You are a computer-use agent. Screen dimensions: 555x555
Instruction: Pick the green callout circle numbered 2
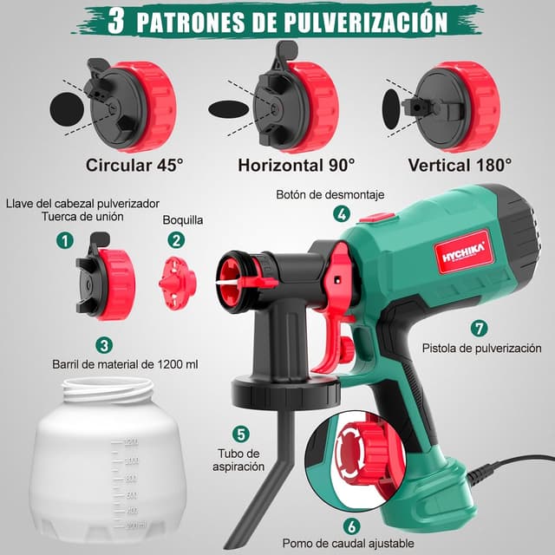[176, 240]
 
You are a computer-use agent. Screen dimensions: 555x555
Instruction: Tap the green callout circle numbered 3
[104, 344]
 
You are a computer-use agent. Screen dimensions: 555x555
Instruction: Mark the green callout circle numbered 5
[241, 434]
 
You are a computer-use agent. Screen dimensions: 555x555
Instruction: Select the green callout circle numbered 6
[350, 525]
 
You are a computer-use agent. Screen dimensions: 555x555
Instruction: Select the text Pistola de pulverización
[481, 349]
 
